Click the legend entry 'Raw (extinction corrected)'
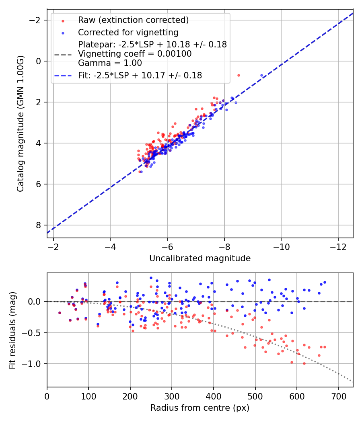point(133,20)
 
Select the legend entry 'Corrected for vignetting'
point(128,32)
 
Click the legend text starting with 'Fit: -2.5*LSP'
point(140,75)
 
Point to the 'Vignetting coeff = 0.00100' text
point(135,54)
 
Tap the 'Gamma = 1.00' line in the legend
point(110,63)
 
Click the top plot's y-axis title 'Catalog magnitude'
point(21,124)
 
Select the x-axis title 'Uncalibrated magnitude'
point(200,258)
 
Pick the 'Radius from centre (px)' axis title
point(200,408)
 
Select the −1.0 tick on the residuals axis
point(35,364)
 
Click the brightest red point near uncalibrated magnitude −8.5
point(239,75)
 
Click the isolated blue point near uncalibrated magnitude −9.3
point(261,75)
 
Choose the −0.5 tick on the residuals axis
point(35,333)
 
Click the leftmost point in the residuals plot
point(60,313)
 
